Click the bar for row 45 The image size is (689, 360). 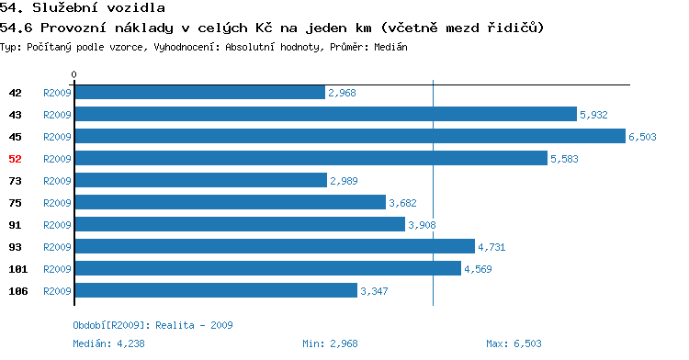click(x=350, y=136)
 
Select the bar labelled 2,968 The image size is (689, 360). click(x=200, y=92)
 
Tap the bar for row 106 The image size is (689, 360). click(x=216, y=290)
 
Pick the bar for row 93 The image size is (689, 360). click(x=275, y=246)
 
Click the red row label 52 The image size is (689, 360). click(x=15, y=159)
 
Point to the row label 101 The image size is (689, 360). click(x=18, y=269)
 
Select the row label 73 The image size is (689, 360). click(x=15, y=181)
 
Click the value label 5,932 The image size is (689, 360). click(x=593, y=115)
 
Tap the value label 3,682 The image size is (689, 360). click(x=402, y=203)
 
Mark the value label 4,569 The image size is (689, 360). click(x=478, y=269)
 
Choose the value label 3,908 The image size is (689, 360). click(x=422, y=225)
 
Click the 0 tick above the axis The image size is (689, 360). click(x=73, y=74)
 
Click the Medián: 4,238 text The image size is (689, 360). click(x=108, y=343)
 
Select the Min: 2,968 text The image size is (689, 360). click(x=330, y=343)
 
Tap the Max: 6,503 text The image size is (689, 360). click(x=514, y=343)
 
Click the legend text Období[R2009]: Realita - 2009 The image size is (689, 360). click(x=152, y=325)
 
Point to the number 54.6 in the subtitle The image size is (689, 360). click(x=17, y=28)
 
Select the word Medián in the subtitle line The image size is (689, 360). click(x=390, y=47)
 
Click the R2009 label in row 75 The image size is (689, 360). click(x=57, y=203)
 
